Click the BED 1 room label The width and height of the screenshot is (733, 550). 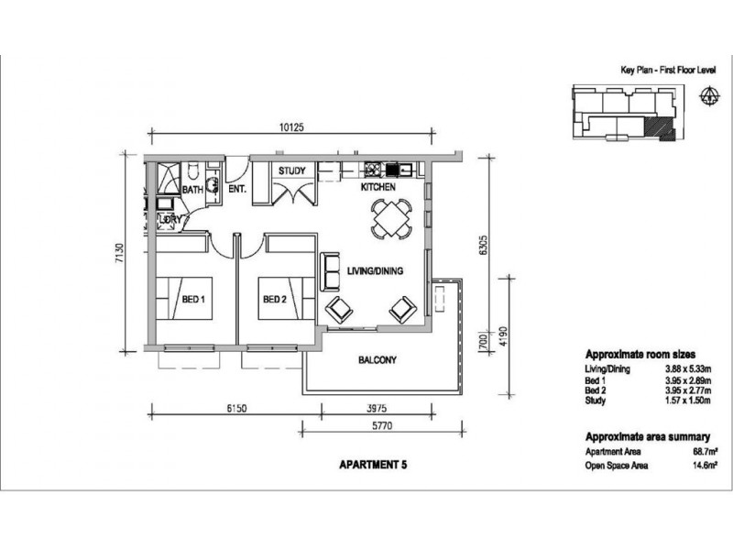(x=193, y=299)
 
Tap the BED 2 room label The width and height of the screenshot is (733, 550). (x=274, y=299)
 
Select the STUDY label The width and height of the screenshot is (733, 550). (x=291, y=170)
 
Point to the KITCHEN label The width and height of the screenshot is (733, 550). (x=378, y=187)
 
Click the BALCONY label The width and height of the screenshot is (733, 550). (x=377, y=360)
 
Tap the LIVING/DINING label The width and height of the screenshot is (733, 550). (x=375, y=270)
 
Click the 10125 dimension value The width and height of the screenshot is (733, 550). (x=291, y=126)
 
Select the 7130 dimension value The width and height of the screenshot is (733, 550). (x=120, y=253)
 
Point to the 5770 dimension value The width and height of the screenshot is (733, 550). (x=382, y=426)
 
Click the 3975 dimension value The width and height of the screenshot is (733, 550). (x=377, y=408)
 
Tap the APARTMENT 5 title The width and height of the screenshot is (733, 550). (x=373, y=465)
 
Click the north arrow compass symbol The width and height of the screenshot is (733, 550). (x=708, y=95)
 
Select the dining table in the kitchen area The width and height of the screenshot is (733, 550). (x=392, y=218)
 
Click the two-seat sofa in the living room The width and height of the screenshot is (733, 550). (x=330, y=271)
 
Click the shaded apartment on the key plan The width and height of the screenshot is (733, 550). (x=656, y=128)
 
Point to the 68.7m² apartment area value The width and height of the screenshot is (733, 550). (x=705, y=452)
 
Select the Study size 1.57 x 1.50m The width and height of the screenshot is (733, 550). (x=688, y=401)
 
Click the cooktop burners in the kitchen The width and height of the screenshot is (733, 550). (x=373, y=169)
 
